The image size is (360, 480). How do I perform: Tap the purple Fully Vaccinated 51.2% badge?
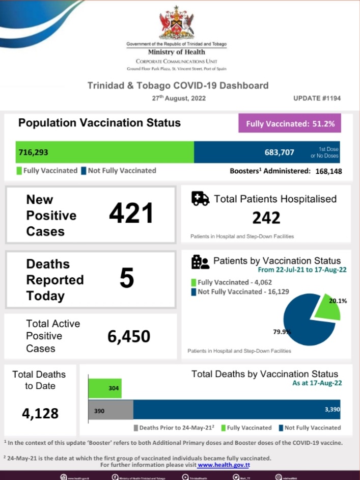point(290,123)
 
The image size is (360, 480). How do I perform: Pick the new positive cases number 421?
point(131,213)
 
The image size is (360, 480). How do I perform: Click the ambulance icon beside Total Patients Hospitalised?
point(200,199)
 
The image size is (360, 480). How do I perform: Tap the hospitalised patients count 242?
point(266,218)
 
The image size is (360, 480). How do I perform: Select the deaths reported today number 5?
point(127,278)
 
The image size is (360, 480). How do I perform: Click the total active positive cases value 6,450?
point(129,336)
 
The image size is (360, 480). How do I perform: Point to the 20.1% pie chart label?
point(338,301)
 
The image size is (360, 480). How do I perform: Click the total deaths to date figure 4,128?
point(40,413)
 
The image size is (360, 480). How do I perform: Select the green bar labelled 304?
point(105,388)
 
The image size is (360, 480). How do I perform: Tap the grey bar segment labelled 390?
point(111,410)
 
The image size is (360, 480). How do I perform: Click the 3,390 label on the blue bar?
point(331,409)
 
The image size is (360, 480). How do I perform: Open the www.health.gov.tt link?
point(224,465)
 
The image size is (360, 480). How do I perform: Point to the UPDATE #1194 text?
point(316,98)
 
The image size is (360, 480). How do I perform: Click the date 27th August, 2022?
point(179,98)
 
